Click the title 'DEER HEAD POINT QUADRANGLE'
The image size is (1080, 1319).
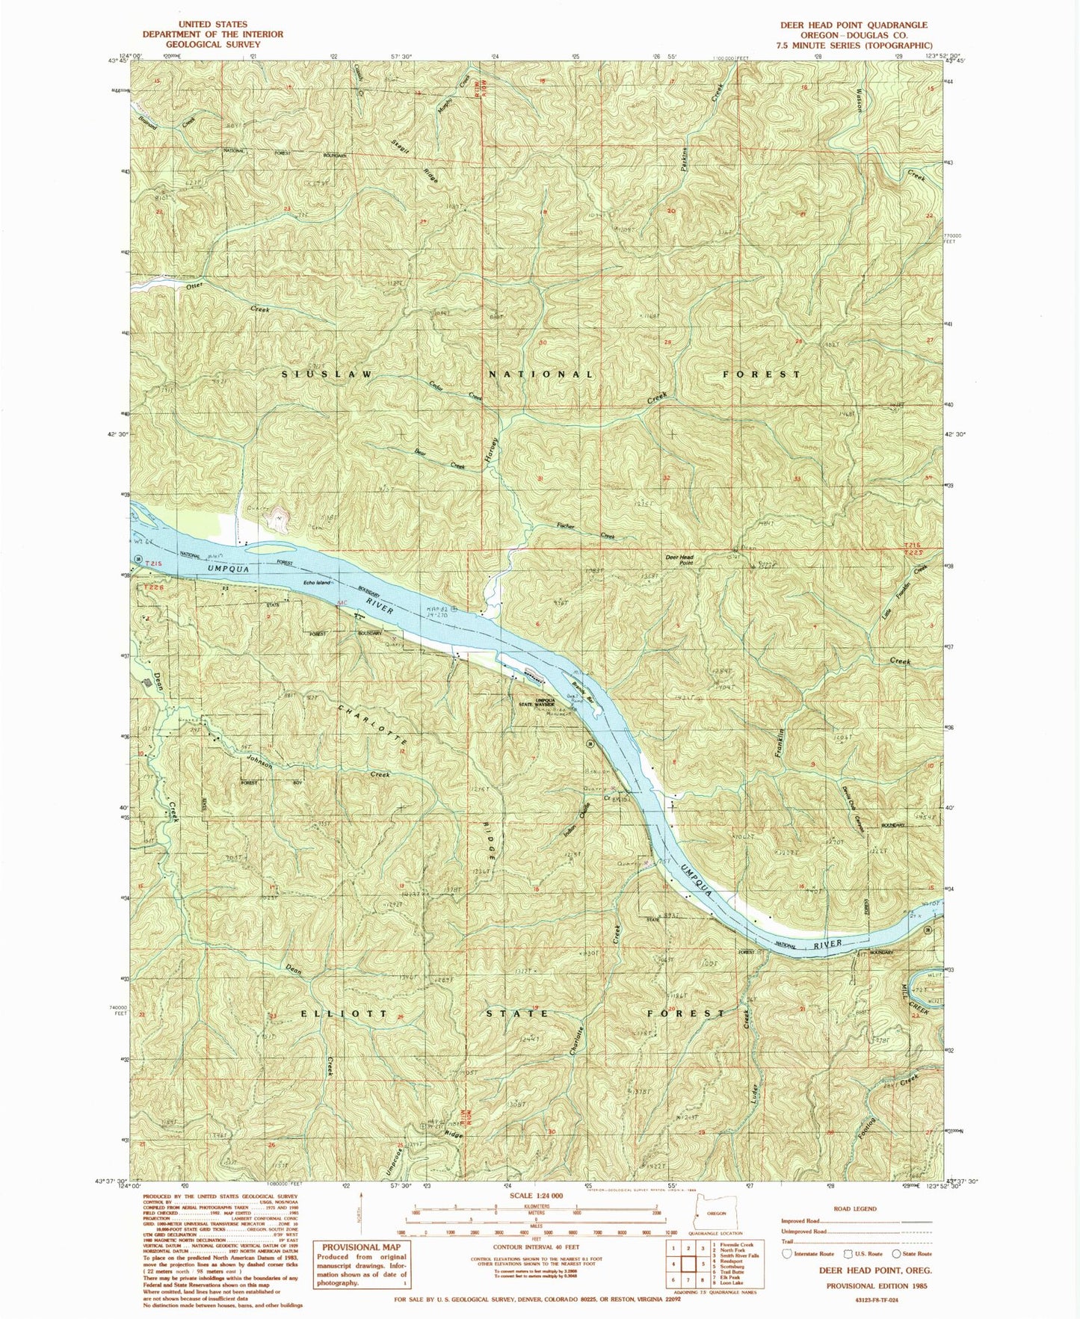pyautogui.click(x=854, y=25)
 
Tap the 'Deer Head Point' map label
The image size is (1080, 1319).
pyautogui.click(x=680, y=560)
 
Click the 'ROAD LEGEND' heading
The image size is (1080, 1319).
pyautogui.click(x=855, y=1208)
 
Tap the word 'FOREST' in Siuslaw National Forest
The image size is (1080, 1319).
pyautogui.click(x=762, y=374)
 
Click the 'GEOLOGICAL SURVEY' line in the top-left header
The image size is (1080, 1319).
pyautogui.click(x=212, y=43)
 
